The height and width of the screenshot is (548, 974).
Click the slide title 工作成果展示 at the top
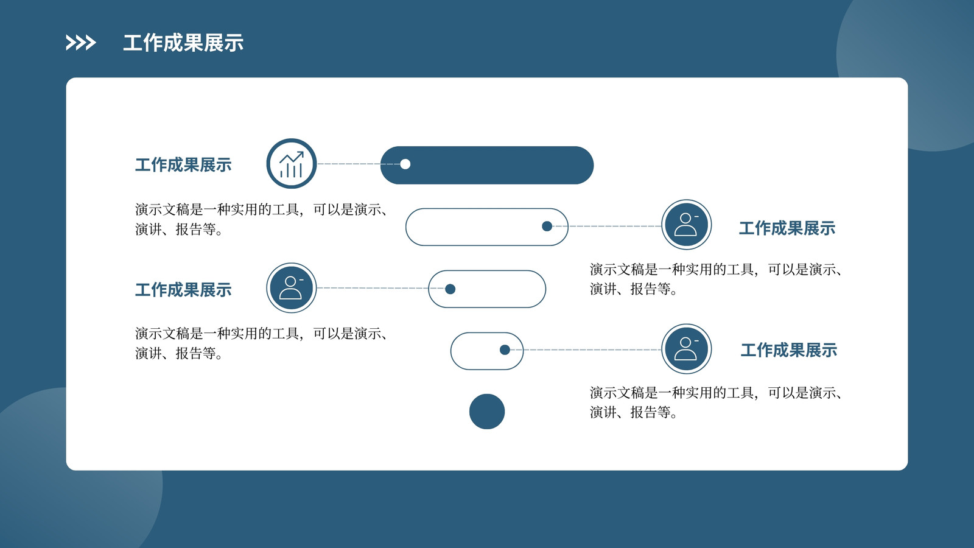click(183, 43)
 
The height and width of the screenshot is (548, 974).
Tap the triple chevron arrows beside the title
click(80, 43)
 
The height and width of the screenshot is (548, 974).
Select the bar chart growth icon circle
click(292, 164)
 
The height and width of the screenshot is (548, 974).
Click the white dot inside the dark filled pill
click(405, 164)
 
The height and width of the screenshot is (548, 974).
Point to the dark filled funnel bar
click(487, 165)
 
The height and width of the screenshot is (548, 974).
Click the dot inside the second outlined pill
click(547, 226)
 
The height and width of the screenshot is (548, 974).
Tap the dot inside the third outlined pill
click(450, 289)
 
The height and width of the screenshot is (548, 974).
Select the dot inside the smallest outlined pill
click(505, 350)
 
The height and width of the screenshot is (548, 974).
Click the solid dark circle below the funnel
click(487, 412)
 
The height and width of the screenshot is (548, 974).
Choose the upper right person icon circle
click(687, 225)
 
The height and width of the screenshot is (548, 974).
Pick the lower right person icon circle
click(687, 349)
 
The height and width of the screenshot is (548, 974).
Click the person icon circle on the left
click(292, 288)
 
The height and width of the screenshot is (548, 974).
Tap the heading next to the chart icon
click(183, 165)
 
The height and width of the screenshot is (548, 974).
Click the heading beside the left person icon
click(183, 290)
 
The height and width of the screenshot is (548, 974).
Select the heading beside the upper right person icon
click(787, 228)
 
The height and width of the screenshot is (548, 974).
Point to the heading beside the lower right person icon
click(789, 350)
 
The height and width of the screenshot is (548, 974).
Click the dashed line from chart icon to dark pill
click(359, 164)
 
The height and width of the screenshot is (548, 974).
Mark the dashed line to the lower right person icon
click(586, 350)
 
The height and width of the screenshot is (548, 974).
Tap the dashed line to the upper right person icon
click(607, 226)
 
